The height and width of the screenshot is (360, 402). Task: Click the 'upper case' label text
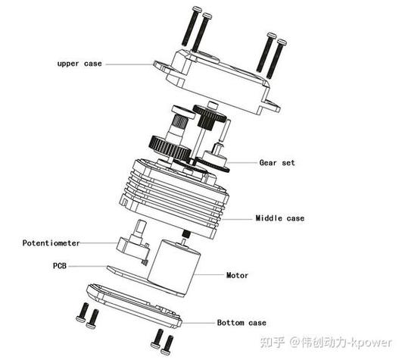coord(79,64)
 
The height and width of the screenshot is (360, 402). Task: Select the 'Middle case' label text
coord(279,218)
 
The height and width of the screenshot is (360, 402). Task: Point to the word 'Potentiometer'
coord(51,243)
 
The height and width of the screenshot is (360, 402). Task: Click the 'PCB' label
coord(61,266)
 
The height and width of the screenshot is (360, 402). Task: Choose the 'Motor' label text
coord(238,275)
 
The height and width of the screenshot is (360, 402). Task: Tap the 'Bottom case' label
coord(242,322)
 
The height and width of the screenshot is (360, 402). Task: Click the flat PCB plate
coord(125,271)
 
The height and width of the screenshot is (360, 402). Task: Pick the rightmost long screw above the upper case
coord(281,57)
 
